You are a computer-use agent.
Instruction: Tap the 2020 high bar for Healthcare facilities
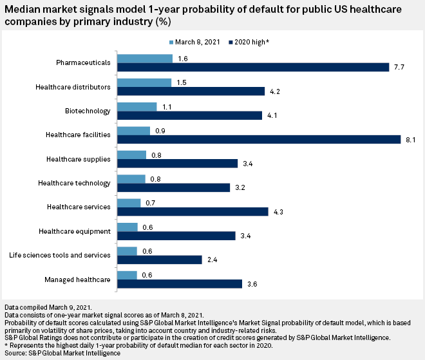[258, 140]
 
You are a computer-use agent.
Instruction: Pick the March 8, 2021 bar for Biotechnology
[138, 106]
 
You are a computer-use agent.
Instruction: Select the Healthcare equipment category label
[75, 231]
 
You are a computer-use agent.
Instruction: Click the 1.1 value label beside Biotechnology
[167, 106]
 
